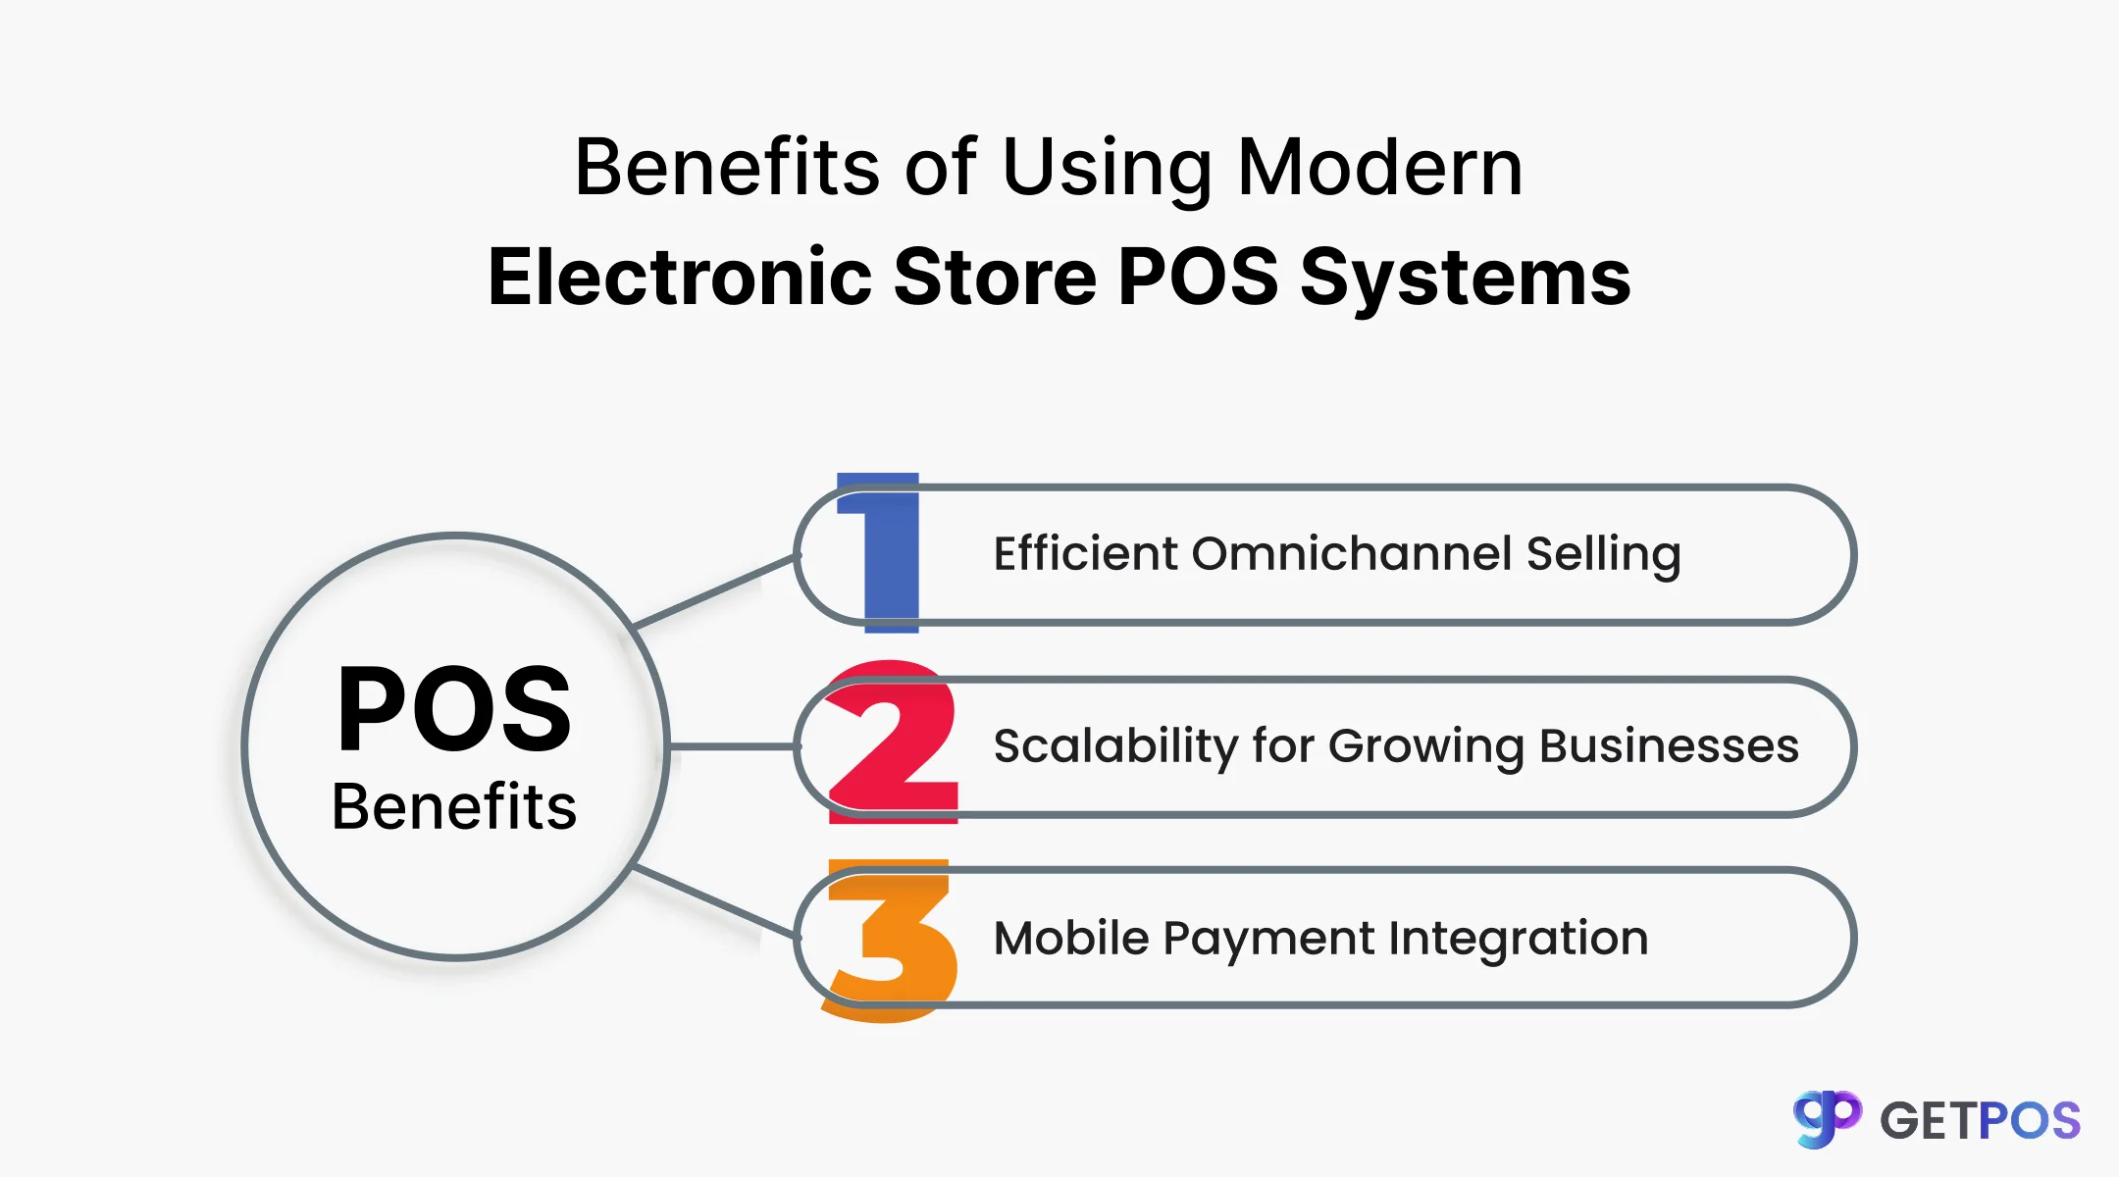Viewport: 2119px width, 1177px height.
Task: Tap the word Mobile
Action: (1070, 938)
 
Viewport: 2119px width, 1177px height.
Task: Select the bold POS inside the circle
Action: (454, 708)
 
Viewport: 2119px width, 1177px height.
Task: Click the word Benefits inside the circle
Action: (454, 807)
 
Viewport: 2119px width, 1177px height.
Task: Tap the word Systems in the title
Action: (1465, 279)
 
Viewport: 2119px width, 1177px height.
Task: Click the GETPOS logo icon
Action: (1827, 1118)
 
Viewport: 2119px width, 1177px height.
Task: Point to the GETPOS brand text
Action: (1980, 1121)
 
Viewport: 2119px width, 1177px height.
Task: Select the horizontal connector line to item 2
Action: (732, 746)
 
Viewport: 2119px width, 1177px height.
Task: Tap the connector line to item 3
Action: (714, 900)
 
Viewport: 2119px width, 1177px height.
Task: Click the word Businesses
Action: (1669, 745)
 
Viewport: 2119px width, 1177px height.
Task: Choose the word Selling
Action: (1603, 553)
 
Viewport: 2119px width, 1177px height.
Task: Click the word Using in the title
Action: (1107, 169)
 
